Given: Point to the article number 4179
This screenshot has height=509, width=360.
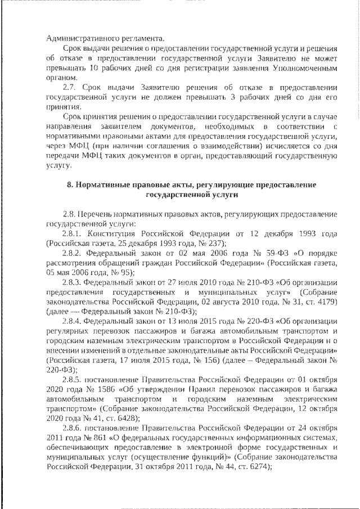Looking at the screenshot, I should (x=323, y=301).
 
